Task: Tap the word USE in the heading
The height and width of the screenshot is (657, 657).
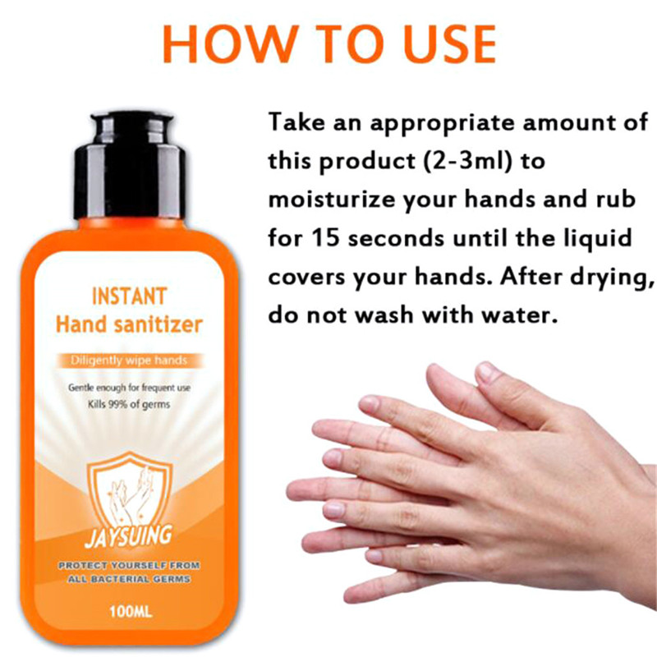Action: click(x=450, y=44)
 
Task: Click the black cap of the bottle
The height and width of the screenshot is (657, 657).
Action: click(x=131, y=165)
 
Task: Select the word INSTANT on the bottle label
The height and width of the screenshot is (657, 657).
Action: click(x=130, y=296)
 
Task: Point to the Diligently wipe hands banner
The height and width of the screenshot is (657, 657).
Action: click(x=129, y=361)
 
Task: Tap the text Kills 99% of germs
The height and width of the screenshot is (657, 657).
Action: click(x=129, y=405)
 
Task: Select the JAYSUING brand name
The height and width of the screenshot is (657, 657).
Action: click(x=128, y=536)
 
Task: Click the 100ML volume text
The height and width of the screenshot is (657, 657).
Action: click(x=131, y=612)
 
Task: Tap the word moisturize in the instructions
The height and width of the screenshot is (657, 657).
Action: click(x=332, y=200)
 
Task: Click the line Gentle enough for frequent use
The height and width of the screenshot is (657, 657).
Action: click(x=130, y=388)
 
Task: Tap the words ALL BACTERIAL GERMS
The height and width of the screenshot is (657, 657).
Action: click(x=129, y=580)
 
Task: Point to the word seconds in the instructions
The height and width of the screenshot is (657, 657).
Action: click(x=397, y=239)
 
